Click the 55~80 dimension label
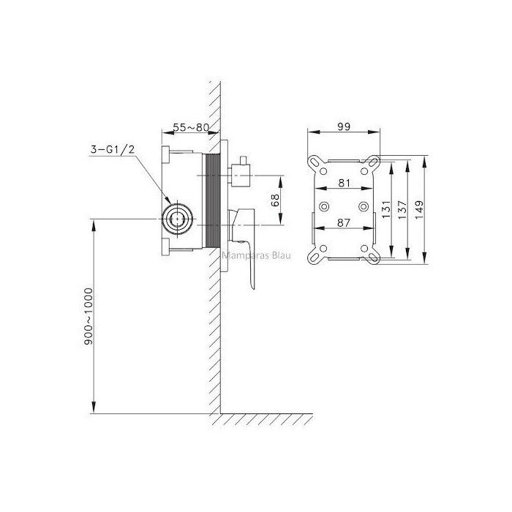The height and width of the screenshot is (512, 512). [191, 127]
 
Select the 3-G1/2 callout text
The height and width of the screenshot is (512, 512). [113, 149]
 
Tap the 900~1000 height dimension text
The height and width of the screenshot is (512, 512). [89, 316]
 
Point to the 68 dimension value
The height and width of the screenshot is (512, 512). [275, 200]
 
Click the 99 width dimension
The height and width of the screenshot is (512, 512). [344, 127]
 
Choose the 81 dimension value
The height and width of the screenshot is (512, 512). [345, 183]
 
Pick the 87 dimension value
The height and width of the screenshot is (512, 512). [344, 222]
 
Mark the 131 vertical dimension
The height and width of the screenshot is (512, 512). [385, 209]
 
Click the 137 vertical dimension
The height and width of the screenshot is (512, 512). [402, 209]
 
